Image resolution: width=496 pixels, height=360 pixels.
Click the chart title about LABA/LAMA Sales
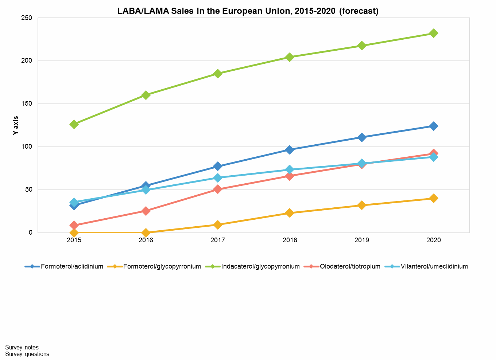coord(248,11)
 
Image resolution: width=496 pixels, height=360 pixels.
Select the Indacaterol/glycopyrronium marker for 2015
coord(74,124)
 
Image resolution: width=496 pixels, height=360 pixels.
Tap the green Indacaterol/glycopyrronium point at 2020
coord(433,34)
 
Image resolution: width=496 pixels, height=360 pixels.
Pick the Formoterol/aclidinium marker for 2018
coord(290,150)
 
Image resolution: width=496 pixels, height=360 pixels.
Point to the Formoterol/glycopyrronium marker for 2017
coord(218,224)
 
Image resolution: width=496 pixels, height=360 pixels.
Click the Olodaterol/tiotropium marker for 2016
coord(146,211)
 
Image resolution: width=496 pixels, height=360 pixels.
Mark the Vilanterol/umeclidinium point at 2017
coord(218,178)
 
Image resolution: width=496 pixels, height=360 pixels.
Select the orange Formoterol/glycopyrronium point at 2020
coord(433,198)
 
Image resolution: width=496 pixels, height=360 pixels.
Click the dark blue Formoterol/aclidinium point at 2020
coord(433,126)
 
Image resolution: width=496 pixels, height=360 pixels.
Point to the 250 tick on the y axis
coord(27,18)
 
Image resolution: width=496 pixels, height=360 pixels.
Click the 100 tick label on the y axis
coord(27,147)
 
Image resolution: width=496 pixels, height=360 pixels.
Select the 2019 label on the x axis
coord(361,240)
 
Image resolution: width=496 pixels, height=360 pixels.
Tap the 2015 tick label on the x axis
coord(74,240)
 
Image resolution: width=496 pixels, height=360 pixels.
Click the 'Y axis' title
coord(16,125)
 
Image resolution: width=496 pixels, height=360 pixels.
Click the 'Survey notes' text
coord(22,348)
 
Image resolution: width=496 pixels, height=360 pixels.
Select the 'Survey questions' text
coord(27,354)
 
